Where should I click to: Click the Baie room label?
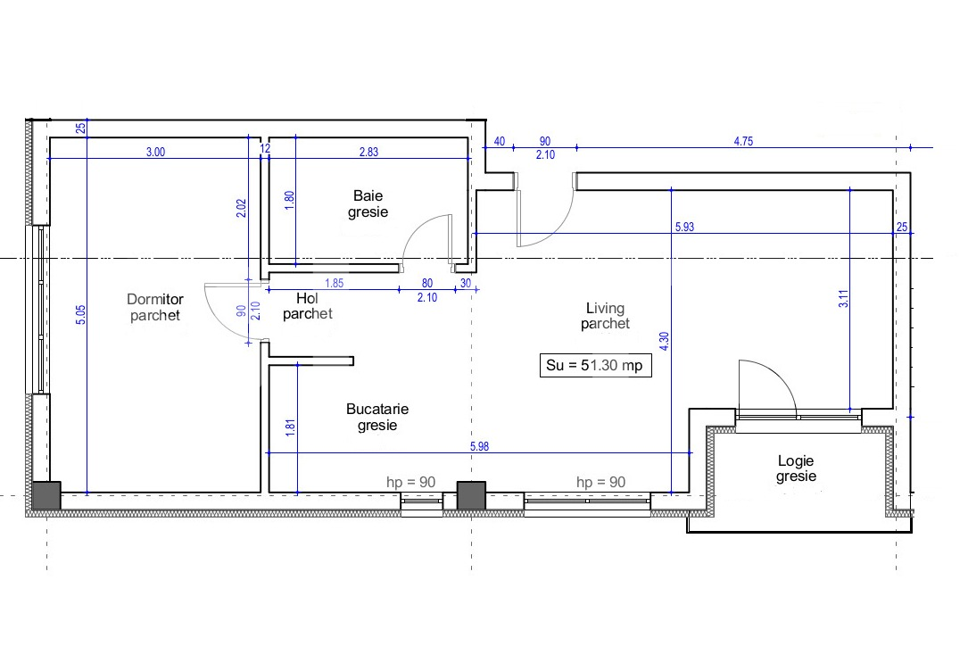[368, 203]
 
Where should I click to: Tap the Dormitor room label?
[155, 307]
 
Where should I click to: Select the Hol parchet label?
[308, 306]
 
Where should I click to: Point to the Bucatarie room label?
[377, 417]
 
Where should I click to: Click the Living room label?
[605, 316]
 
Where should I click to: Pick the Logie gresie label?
[796, 468]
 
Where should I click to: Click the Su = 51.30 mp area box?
[596, 366]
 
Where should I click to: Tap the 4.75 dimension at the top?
[743, 141]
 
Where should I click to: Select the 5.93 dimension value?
[684, 227]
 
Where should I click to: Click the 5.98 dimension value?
[480, 445]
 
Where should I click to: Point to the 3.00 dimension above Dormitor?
[155, 152]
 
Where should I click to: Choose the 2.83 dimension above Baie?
[368, 152]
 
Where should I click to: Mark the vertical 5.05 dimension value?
[81, 315]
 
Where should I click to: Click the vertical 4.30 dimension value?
[665, 342]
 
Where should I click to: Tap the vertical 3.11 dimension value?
[843, 299]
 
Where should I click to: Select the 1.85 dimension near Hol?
[334, 284]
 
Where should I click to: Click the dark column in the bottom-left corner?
[46, 495]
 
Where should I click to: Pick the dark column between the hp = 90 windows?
[471, 495]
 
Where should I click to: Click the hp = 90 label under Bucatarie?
[411, 482]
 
